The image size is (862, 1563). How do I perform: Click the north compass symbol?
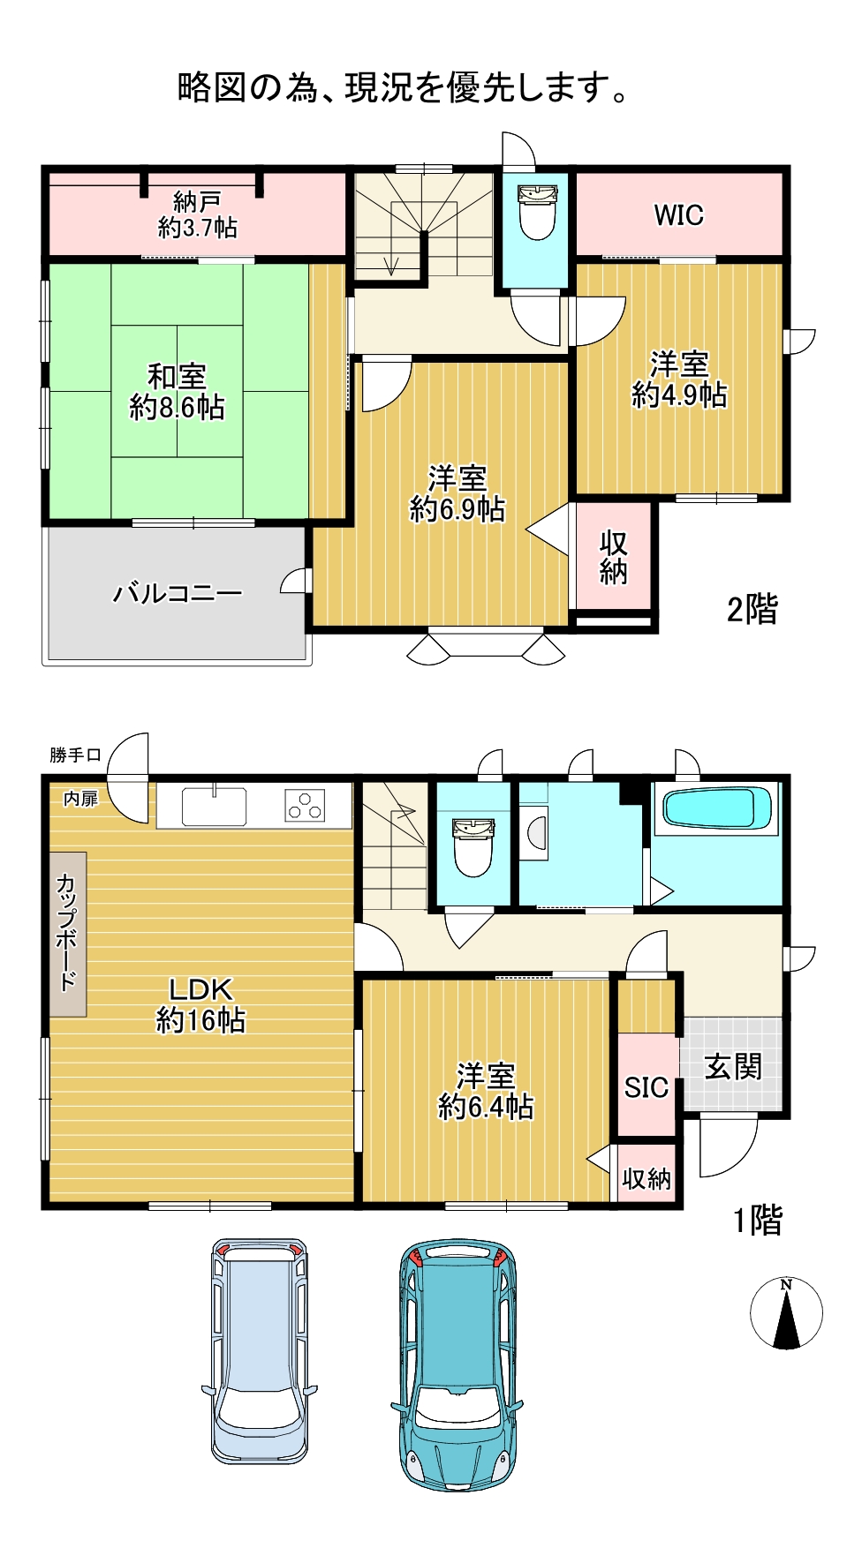coord(786,1313)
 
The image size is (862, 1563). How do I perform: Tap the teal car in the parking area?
coord(457,1364)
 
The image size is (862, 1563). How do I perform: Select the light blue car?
coord(260,1350)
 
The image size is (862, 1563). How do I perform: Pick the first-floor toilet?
coord(473,846)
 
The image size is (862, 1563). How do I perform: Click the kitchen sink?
coord(214,805)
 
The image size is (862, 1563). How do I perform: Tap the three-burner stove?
coord(305,806)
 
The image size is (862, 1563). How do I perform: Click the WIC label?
coord(678,214)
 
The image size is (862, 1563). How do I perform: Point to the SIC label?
coord(646,1087)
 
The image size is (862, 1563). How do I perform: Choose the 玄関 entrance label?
coord(733,1067)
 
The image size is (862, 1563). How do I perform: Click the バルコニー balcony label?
coord(178,593)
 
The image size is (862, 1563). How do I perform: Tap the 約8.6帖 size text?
coord(177,407)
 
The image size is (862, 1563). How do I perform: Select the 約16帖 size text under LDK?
coord(200,1020)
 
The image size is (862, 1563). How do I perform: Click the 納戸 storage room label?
coord(197,201)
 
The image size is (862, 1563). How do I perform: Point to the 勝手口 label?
coord(75,755)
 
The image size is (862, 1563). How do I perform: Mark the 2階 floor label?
coord(752,609)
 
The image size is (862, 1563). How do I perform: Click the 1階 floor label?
coord(758,1221)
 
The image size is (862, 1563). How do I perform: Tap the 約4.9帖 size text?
coord(679,395)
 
